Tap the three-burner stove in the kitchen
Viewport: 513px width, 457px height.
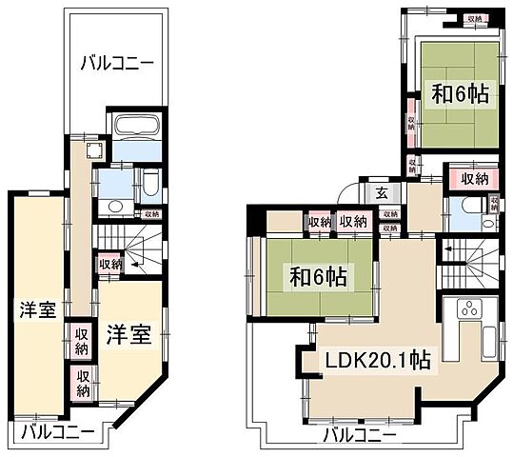coord(467,309)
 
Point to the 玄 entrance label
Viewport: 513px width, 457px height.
coord(380,192)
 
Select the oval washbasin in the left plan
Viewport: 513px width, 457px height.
coord(116,207)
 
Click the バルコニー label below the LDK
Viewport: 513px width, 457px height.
coord(360,436)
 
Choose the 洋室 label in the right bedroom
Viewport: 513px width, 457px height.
coord(127,335)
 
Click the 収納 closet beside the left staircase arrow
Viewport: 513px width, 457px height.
coord(109,264)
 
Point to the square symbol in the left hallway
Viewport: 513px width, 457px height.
coord(93,149)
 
